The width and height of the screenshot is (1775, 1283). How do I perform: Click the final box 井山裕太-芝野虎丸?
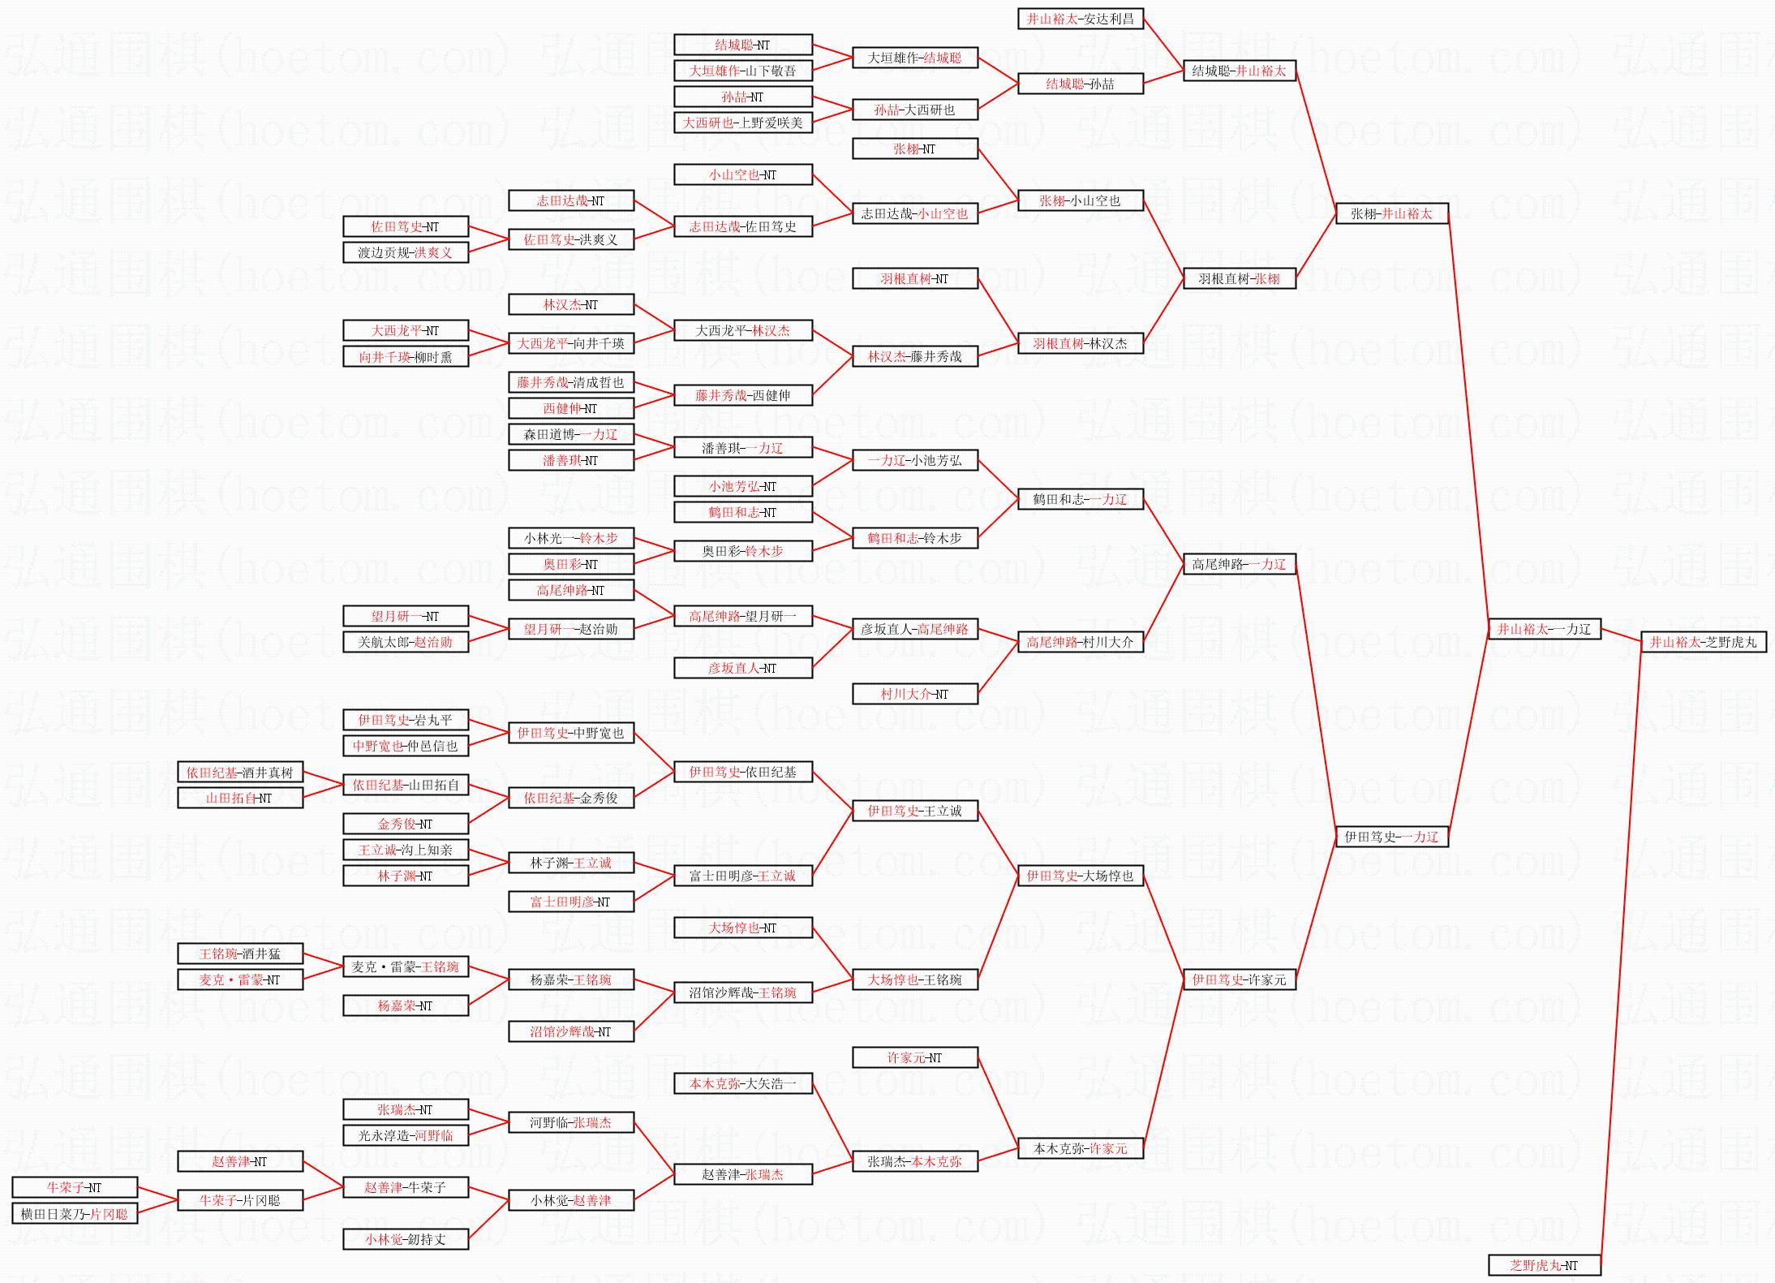click(x=1703, y=642)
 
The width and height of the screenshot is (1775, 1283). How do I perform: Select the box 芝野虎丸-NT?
click(x=1544, y=1265)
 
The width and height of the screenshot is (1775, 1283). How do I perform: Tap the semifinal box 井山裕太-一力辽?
click(x=1544, y=629)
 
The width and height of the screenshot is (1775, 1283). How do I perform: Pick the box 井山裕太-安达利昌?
click(x=1080, y=19)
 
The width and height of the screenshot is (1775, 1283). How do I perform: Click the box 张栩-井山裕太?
click(x=1391, y=213)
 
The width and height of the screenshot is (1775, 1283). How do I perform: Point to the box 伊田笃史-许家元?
click(x=1239, y=979)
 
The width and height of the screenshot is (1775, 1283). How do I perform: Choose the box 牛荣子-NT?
click(x=75, y=1187)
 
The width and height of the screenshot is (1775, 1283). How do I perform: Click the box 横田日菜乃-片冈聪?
click(x=75, y=1214)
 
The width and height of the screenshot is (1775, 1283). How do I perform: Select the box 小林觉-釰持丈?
click(x=406, y=1239)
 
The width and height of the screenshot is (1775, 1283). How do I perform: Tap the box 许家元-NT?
click(x=914, y=1057)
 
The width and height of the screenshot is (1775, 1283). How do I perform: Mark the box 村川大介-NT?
click(x=914, y=694)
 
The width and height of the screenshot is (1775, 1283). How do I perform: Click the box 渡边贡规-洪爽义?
click(x=406, y=252)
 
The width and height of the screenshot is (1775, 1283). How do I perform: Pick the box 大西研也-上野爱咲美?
click(x=742, y=123)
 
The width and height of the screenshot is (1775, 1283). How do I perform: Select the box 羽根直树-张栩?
click(x=1239, y=278)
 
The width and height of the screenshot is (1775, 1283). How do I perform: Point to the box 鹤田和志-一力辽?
click(x=1080, y=499)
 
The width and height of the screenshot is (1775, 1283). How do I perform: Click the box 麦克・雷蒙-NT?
click(x=240, y=979)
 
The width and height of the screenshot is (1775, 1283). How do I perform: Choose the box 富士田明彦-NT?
click(x=570, y=902)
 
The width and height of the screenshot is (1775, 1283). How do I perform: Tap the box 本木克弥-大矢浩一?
click(x=742, y=1083)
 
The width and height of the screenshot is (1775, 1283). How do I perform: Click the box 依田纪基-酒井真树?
click(x=240, y=772)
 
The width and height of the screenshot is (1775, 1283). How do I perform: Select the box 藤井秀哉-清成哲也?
click(x=570, y=382)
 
